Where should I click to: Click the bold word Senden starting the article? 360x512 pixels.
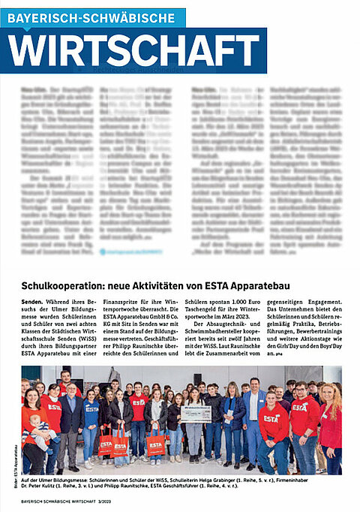(x=34, y=300)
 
